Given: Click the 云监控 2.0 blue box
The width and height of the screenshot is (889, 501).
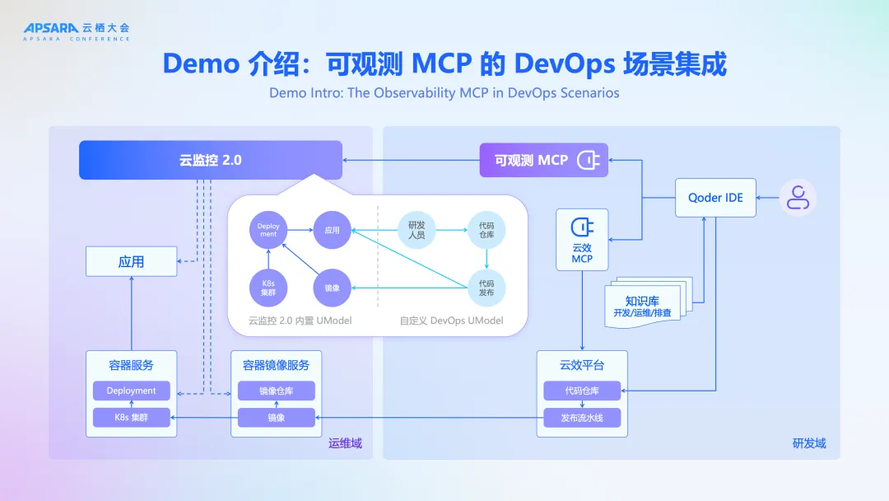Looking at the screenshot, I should pos(210,160).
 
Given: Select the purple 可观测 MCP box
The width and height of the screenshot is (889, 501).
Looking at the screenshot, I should pos(543,160).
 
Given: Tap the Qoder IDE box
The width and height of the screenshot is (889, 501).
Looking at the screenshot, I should pos(715,198).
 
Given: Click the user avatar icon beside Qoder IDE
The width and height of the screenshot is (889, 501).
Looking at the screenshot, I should pos(797,198).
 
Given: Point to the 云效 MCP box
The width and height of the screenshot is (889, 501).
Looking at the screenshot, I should pos(582,241).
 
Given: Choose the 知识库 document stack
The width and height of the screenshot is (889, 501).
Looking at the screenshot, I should pos(646,305).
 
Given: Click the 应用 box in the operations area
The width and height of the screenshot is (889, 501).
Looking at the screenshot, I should pos(131,262).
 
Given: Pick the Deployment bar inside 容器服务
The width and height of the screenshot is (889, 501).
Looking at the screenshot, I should pos(131,391).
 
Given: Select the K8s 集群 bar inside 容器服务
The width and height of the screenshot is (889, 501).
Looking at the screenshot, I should pos(131,417).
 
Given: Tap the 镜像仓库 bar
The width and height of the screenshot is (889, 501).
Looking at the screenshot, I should pos(276,391).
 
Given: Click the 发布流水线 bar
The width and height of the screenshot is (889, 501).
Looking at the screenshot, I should pos(582,418).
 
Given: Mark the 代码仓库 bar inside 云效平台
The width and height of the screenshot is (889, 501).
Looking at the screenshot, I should pos(582,391).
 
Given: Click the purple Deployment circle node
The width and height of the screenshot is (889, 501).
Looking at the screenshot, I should pos(268,230).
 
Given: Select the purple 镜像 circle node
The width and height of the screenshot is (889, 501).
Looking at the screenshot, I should pos(332,288).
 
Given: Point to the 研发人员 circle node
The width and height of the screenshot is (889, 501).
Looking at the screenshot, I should pos(417,230).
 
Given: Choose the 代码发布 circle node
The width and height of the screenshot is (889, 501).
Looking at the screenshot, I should pos(486,288).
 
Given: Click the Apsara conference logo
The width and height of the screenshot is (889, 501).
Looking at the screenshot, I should pos(76,30).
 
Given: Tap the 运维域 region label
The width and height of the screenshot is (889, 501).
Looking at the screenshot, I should pos(345,444).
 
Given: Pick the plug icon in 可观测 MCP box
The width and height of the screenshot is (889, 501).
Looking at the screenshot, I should pos(588,160).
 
